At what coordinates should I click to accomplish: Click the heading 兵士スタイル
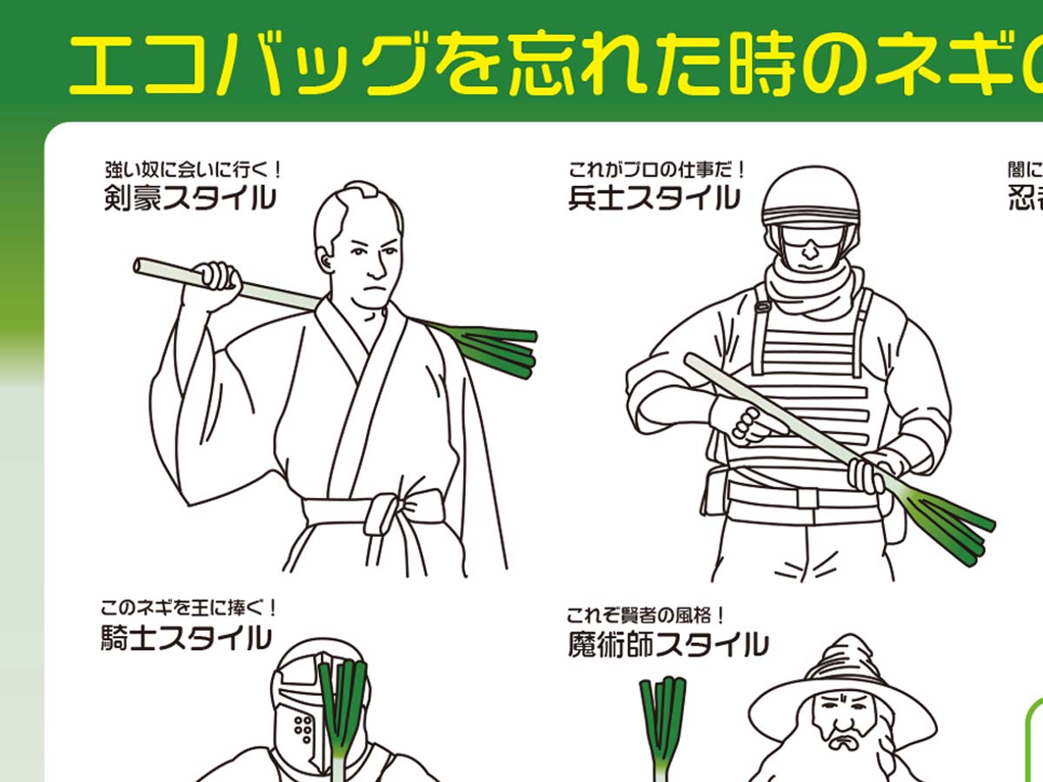click(x=654, y=198)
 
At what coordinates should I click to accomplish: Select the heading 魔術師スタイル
click(x=668, y=645)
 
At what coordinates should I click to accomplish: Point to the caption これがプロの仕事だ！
click(x=657, y=167)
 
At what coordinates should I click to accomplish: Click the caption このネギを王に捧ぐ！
click(x=189, y=607)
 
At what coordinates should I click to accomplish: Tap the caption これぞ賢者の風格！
click(x=646, y=615)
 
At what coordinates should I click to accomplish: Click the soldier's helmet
click(x=810, y=195)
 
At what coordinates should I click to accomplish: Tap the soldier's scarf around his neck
click(x=808, y=287)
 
